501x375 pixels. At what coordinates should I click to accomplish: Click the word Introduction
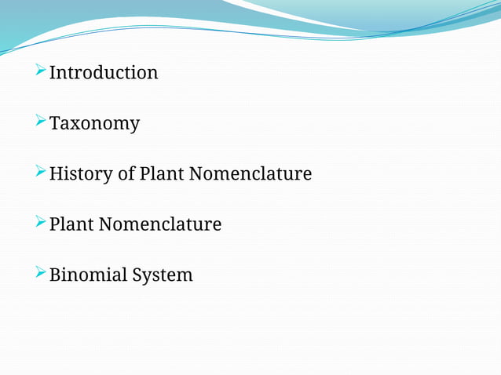pos(104,73)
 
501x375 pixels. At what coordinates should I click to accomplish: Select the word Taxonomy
pos(94,124)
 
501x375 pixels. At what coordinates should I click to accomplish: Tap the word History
pos(81,174)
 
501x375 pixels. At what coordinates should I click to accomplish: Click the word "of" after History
pos(126,174)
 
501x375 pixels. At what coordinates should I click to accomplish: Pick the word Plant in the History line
pos(161,174)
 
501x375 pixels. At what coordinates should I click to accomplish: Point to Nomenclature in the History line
pos(250,174)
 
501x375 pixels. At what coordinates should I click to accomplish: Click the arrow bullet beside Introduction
pos(41,71)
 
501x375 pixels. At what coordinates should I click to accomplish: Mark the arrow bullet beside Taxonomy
pos(41,122)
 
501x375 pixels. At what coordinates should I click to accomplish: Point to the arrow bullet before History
pos(41,172)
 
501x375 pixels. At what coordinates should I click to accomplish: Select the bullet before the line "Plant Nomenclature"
pos(41,223)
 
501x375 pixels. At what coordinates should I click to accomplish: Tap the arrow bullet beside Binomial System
pos(41,273)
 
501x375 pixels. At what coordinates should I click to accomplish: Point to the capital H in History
pos(56,174)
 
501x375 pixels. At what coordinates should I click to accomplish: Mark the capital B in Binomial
pos(55,275)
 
